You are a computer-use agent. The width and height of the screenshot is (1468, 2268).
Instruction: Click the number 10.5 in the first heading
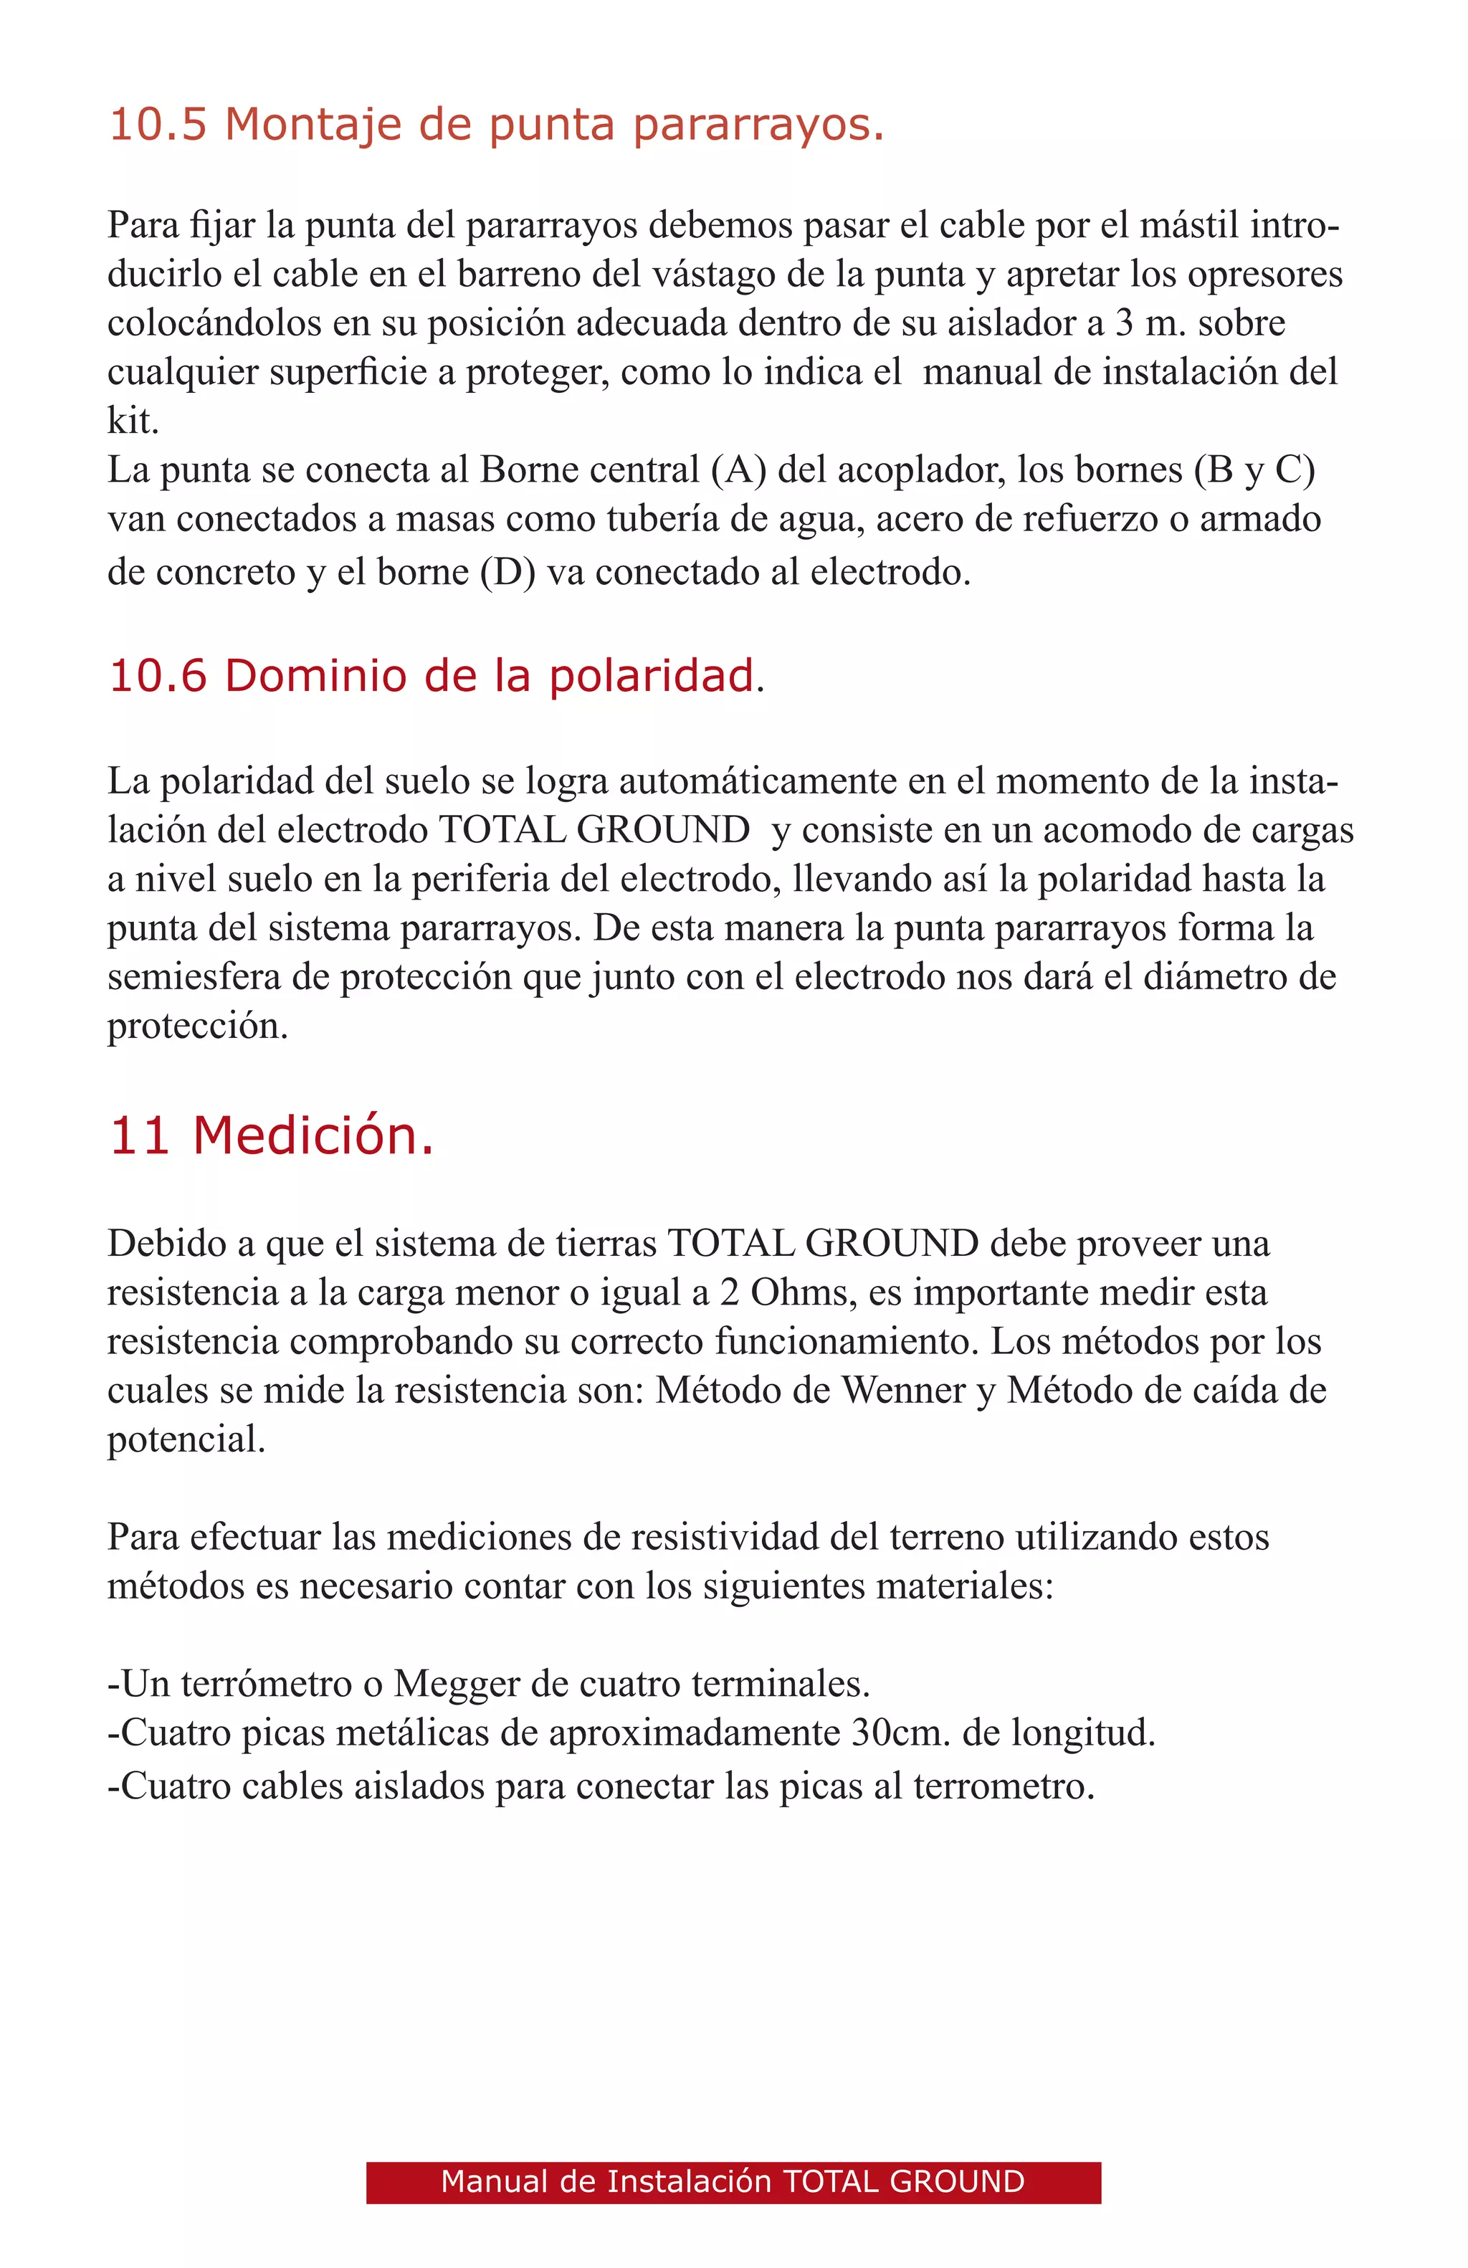click(x=157, y=125)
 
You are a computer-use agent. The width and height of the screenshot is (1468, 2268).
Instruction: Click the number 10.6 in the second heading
click(x=157, y=677)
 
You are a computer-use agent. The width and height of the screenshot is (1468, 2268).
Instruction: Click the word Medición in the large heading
click(x=313, y=1137)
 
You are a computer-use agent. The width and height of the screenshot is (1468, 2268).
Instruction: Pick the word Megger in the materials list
click(x=457, y=1684)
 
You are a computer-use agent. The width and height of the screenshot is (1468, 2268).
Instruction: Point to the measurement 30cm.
click(x=900, y=1733)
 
